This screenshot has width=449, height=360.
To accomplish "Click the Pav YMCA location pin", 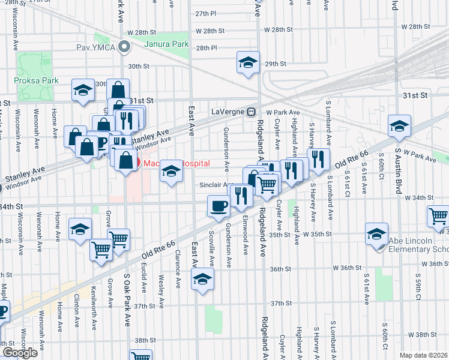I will (124, 46).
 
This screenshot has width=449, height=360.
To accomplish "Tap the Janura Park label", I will (166, 44).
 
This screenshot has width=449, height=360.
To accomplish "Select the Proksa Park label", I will (31, 80).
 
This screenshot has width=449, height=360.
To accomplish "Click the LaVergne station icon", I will (253, 112).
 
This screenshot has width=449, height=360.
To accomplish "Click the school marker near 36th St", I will (202, 278).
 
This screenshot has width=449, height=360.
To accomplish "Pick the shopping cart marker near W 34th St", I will (439, 216).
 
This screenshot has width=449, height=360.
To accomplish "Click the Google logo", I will (19, 352).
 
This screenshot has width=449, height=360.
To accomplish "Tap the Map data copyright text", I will (424, 355).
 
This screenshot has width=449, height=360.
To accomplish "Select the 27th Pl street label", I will (205, 13).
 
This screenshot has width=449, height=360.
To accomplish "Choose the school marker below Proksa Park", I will (82, 89).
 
